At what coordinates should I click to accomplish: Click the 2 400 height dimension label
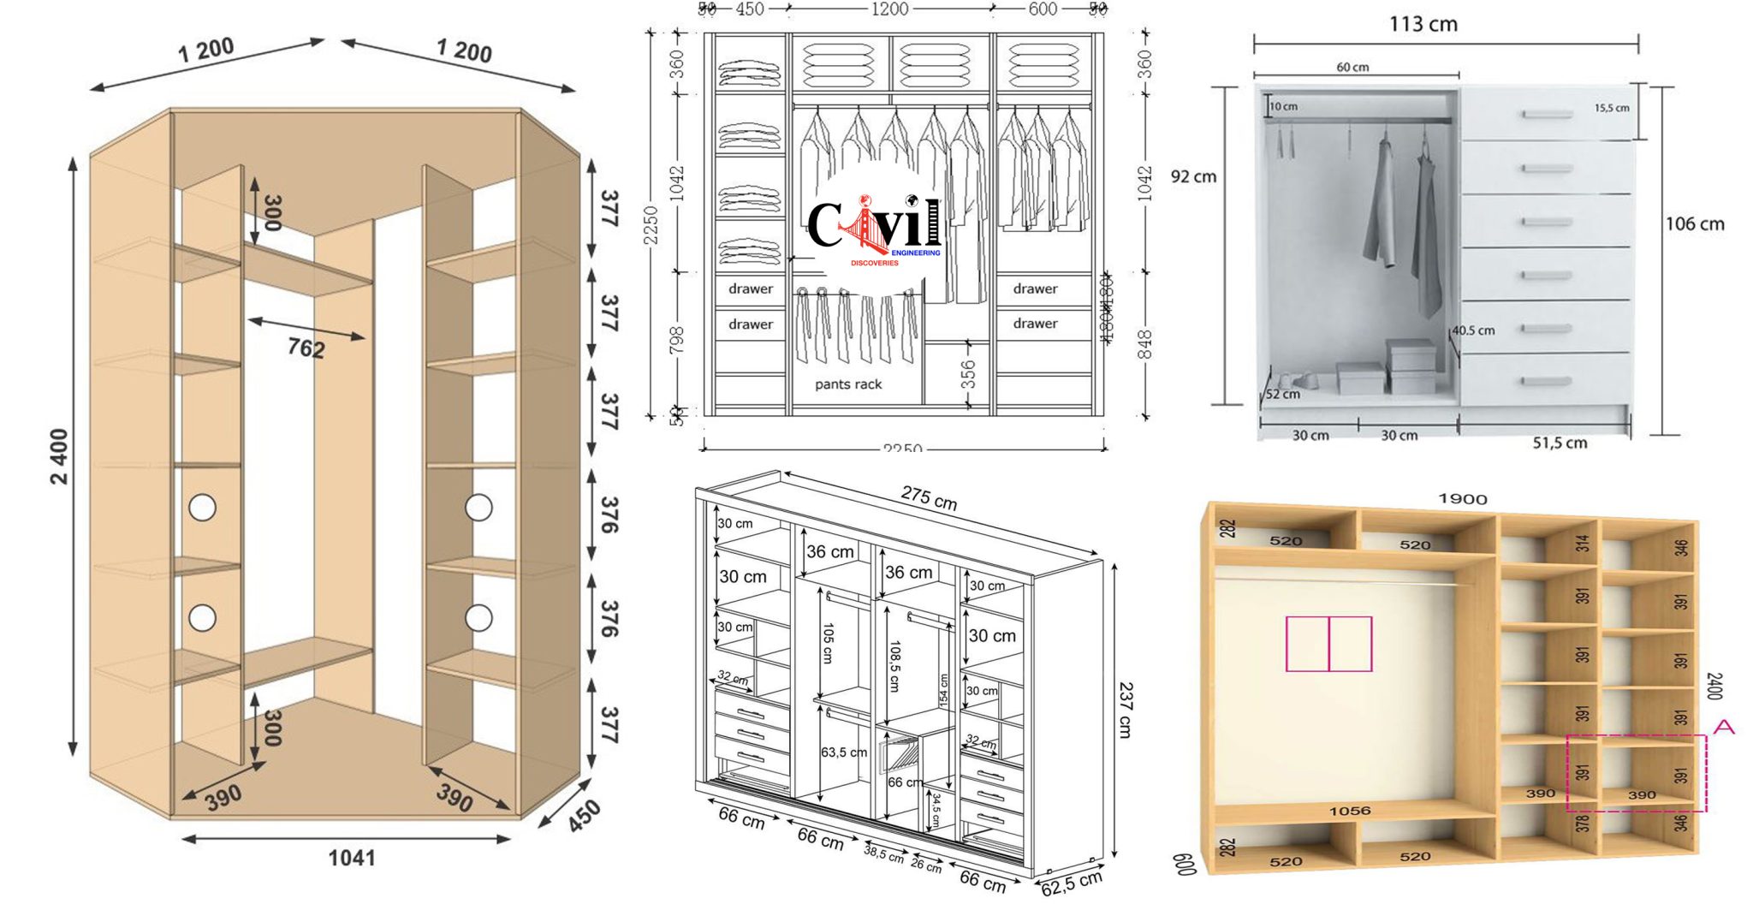(x=58, y=457)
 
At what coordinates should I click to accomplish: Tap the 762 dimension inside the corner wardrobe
(x=306, y=348)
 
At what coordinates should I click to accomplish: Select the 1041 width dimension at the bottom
(x=352, y=857)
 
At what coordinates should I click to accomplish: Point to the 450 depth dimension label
(x=583, y=816)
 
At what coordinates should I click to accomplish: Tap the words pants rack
(x=847, y=384)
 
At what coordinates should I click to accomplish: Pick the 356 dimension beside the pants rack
(x=967, y=374)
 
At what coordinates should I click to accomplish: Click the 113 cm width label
(x=1423, y=24)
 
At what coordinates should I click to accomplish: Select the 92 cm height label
(x=1193, y=176)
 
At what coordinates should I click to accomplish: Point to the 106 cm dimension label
(x=1694, y=224)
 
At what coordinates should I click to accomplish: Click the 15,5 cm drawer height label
(x=1612, y=108)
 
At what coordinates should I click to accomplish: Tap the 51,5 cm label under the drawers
(x=1560, y=443)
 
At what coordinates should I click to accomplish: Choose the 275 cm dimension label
(x=929, y=497)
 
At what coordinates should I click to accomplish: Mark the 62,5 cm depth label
(x=1071, y=883)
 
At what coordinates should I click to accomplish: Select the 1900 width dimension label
(x=1462, y=499)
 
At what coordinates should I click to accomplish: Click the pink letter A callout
(x=1724, y=727)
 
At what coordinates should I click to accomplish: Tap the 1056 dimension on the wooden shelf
(x=1349, y=811)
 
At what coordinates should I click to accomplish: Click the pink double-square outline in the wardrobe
(x=1328, y=644)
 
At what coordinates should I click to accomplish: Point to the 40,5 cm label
(x=1473, y=330)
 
